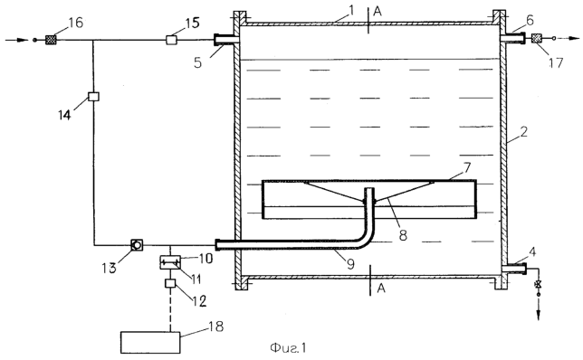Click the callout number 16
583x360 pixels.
click(75, 23)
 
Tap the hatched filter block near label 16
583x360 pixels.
click(50, 40)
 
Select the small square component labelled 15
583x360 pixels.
click(171, 40)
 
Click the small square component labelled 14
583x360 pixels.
click(93, 97)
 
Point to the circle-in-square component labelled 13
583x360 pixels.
click(137, 245)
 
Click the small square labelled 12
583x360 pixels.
click(170, 284)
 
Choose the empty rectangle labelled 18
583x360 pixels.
click(150, 343)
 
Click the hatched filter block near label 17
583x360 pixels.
click(537, 38)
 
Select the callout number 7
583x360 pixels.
click(466, 167)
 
